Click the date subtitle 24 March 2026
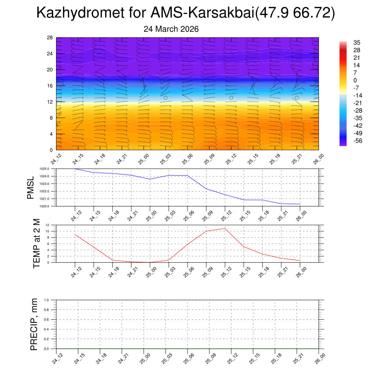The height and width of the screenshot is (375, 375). (x=171, y=29)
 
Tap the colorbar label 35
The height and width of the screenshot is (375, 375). (x=357, y=43)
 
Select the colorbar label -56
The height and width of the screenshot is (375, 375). (x=357, y=141)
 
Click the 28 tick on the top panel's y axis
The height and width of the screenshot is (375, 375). (x=50, y=38)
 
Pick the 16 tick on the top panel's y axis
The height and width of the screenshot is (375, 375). (x=50, y=86)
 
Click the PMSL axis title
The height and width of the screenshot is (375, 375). (x=30, y=188)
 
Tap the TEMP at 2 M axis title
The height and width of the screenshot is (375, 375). (x=37, y=244)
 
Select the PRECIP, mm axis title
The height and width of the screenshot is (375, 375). (x=34, y=324)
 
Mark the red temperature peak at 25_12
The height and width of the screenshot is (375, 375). (x=225, y=229)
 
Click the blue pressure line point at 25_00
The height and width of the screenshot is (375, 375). (x=150, y=179)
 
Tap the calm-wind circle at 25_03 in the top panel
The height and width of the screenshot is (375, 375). (x=166, y=98)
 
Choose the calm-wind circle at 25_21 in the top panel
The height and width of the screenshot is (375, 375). (x=297, y=98)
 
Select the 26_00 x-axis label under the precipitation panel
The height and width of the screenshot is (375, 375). (x=320, y=359)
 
